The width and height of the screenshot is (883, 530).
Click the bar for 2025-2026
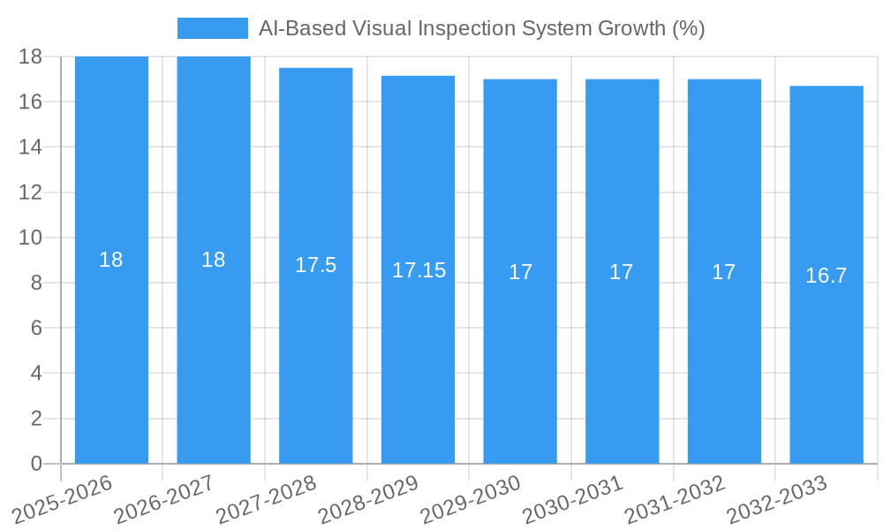[111, 353]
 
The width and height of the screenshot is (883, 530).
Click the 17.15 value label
[419, 270]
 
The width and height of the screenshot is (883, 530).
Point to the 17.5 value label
[315, 265]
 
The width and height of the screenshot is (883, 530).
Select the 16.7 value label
[826, 276]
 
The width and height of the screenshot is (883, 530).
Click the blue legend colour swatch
[212, 28]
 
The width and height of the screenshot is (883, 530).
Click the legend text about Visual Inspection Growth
[481, 28]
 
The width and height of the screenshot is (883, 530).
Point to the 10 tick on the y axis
[31, 238]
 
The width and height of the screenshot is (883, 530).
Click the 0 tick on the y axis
[36, 464]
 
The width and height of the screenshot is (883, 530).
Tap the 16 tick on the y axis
[31, 102]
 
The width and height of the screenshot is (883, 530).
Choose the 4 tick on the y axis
[36, 373]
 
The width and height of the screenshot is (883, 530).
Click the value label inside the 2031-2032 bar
[723, 272]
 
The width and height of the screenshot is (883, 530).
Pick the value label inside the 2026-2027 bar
[213, 260]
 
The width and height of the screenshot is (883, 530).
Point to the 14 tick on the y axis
[31, 147]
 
